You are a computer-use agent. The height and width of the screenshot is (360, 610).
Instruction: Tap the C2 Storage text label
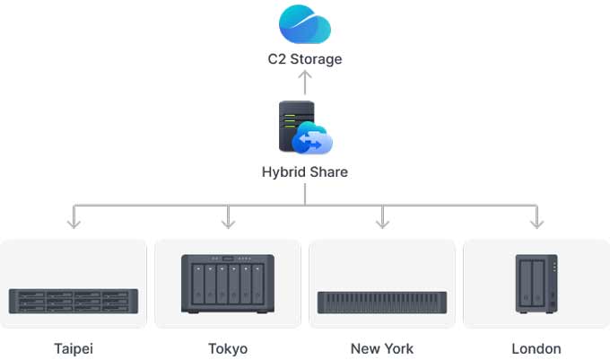pos(305,59)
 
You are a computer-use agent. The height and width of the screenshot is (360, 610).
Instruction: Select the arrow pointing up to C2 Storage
pos(305,82)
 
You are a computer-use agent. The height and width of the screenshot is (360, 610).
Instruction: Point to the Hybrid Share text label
pos(305,172)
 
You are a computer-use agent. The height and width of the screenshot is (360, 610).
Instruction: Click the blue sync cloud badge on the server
pos(314,140)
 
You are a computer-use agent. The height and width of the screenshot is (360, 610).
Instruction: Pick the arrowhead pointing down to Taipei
pos(74,221)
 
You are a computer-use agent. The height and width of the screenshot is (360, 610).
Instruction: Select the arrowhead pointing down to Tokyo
pos(228,221)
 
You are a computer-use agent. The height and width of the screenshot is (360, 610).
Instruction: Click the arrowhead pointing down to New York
pos(382,221)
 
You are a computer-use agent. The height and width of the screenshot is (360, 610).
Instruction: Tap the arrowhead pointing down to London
pos(536,221)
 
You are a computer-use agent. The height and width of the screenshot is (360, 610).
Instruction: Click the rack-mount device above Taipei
pos(74,300)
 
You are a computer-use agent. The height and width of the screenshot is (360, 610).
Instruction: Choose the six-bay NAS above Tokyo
pos(228,283)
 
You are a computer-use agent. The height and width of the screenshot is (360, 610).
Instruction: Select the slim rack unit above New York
pos(382,302)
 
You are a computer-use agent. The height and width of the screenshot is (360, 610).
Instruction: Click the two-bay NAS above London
pos(536,283)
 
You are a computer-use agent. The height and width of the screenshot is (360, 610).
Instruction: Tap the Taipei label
pos(74,348)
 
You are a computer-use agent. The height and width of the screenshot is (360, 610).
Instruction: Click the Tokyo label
pos(228,348)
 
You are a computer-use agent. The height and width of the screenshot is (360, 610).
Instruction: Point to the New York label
pos(382,348)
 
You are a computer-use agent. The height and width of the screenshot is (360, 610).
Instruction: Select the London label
pos(536,348)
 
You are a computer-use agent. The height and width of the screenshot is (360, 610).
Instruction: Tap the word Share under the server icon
pos(328,172)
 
